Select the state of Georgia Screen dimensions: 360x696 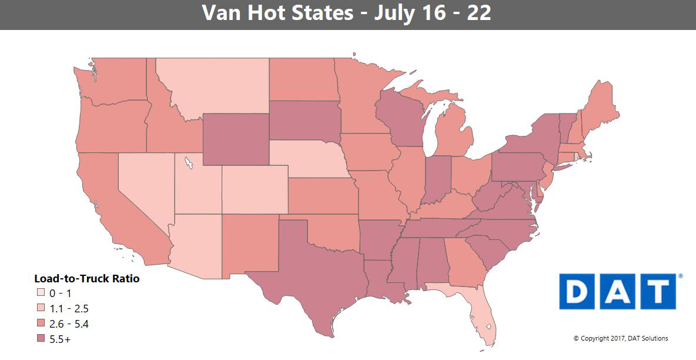(x=464, y=262)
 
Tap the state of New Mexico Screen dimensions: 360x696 (x=250, y=244)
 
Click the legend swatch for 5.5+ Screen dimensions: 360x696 (x=40, y=339)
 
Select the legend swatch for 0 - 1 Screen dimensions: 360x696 (x=40, y=293)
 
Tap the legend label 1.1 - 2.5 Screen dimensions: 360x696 (x=69, y=308)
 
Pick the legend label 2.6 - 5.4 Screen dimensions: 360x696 (x=69, y=324)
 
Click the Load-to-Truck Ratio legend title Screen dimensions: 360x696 (x=87, y=278)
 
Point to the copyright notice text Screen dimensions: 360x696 (x=621, y=338)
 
